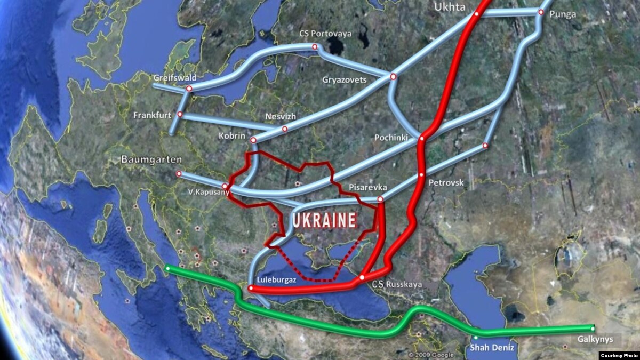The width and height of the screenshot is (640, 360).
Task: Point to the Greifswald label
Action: [175, 78]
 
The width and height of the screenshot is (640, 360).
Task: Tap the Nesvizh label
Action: [280, 116]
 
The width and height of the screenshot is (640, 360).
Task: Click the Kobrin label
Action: [232, 136]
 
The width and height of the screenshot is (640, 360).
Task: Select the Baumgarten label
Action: [151, 159]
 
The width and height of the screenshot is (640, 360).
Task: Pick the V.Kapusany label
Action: [204, 192]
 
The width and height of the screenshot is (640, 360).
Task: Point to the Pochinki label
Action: [391, 138]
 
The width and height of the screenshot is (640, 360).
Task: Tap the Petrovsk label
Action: [446, 183]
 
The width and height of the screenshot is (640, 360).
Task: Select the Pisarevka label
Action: [367, 187]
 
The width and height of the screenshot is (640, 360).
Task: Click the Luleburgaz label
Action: [273, 278]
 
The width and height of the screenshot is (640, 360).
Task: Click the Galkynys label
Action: [595, 339]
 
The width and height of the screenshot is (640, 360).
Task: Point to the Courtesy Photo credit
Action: [619, 355]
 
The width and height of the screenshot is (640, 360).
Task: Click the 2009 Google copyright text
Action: [432, 355]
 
